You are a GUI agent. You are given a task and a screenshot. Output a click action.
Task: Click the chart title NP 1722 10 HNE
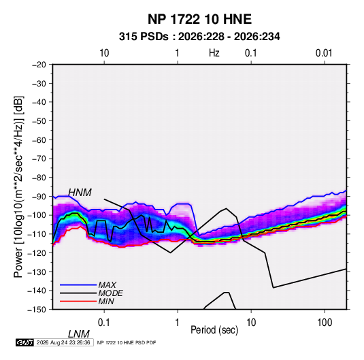pyautogui.click(x=199, y=19)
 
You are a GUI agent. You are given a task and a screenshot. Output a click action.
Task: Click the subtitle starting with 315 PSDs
pyautogui.click(x=199, y=37)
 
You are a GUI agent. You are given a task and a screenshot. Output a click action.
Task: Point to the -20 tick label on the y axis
pyautogui.click(x=39, y=65)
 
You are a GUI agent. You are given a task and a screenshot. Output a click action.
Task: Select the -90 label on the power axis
pyautogui.click(x=39, y=196)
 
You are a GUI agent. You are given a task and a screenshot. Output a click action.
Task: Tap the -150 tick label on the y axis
pyautogui.click(x=37, y=310)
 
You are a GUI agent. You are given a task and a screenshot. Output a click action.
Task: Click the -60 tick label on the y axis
pyautogui.click(x=39, y=140)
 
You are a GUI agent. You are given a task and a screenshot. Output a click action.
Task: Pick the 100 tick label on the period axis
pyautogui.click(x=325, y=323)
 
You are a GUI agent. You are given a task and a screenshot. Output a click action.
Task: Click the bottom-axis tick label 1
pyautogui.click(x=178, y=323)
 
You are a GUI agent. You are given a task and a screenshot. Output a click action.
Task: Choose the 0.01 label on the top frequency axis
pyautogui.click(x=324, y=53)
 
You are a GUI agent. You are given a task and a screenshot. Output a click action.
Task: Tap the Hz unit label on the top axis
pyautogui.click(x=214, y=53)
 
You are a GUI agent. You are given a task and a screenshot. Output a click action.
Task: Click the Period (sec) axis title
pyautogui.click(x=214, y=330)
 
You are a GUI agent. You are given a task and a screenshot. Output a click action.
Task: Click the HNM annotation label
pyautogui.click(x=80, y=193)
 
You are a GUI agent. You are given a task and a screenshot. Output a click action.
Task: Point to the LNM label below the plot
pyautogui.click(x=79, y=334)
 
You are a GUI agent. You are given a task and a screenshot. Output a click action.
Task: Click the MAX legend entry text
pyautogui.click(x=107, y=284)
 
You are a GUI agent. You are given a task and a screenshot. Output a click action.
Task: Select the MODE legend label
pyautogui.click(x=110, y=293)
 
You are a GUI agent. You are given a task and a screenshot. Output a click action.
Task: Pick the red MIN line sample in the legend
pyautogui.click(x=78, y=301)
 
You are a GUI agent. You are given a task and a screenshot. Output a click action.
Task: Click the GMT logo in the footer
pyautogui.click(x=24, y=342)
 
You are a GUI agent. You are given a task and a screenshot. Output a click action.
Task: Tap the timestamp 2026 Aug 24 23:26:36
pyautogui.click(x=63, y=342)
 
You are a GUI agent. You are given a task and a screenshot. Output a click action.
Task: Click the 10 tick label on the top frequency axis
pyautogui.click(x=104, y=53)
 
